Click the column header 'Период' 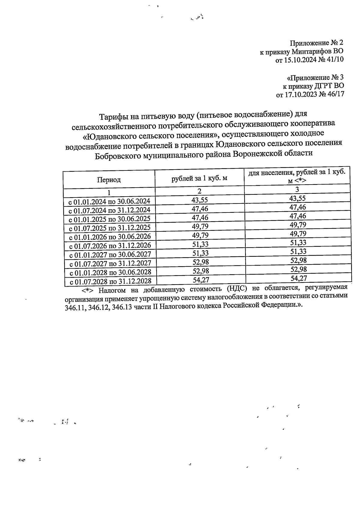[x=109, y=180]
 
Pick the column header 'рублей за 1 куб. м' [x=199, y=178]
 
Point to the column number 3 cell [x=297, y=189]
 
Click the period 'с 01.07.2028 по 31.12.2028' [x=110, y=282]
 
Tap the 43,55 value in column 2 [x=199, y=200]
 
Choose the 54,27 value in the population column [x=299, y=278]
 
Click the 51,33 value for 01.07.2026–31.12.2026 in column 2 [x=200, y=244]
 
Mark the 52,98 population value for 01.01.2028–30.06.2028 [x=298, y=269]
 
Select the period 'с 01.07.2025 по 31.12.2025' [x=110, y=227]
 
